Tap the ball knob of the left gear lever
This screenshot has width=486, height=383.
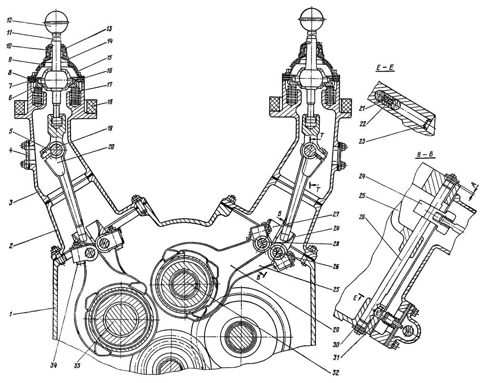57,17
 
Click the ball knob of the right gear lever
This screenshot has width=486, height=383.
311,18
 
